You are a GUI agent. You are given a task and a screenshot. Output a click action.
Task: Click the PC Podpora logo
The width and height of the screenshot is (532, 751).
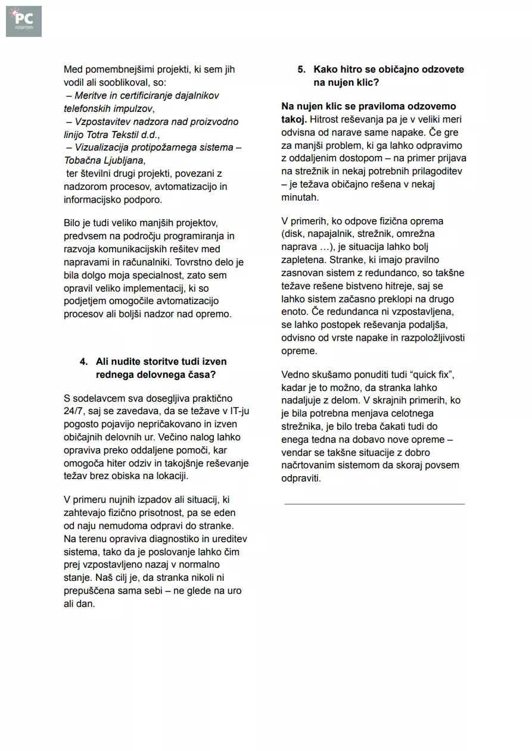[x=24, y=21]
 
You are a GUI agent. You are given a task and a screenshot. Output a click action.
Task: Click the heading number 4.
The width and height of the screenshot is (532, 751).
[x=83, y=361]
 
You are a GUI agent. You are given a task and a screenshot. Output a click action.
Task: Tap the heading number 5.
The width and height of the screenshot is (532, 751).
[x=301, y=70]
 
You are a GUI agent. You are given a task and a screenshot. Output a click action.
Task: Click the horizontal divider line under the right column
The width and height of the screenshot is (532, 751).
[x=374, y=504]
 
